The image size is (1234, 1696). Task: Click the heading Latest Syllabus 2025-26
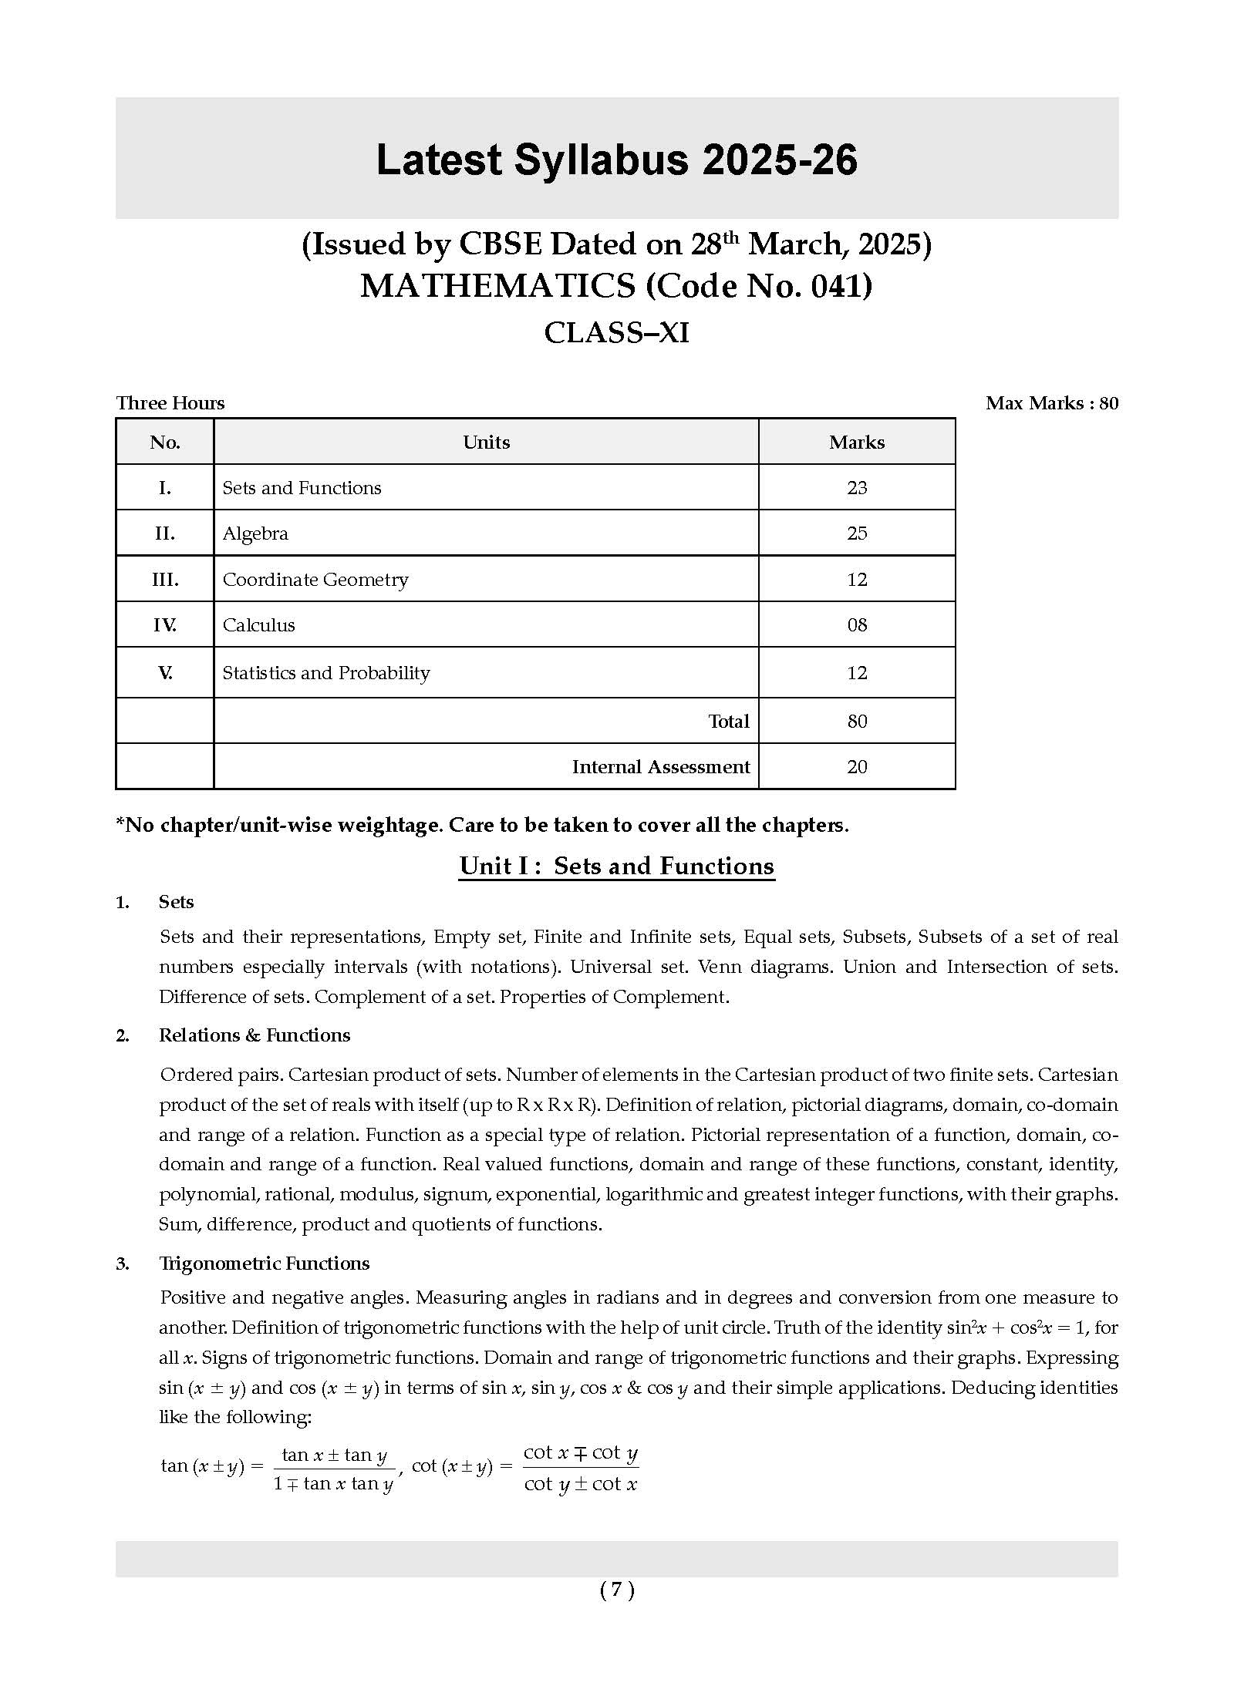click(x=616, y=160)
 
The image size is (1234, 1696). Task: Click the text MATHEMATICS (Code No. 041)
click(x=616, y=286)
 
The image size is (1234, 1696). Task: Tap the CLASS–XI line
click(x=616, y=333)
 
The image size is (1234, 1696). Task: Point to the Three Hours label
click(x=170, y=403)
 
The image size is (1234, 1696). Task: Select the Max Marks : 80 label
click(x=1051, y=403)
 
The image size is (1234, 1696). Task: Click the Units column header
click(x=486, y=443)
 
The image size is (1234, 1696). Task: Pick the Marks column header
click(x=856, y=443)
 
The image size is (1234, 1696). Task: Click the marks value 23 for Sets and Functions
click(x=856, y=488)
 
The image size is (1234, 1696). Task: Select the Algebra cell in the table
click(x=255, y=533)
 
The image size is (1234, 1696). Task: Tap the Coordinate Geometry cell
click(x=315, y=580)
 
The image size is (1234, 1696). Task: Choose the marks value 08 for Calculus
click(x=856, y=625)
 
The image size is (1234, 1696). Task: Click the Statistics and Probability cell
click(x=326, y=673)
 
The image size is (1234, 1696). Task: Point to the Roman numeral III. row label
click(x=165, y=580)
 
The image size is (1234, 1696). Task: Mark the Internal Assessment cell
click(x=660, y=767)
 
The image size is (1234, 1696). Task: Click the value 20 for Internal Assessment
click(x=856, y=767)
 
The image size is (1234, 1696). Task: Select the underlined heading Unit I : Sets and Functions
click(x=616, y=867)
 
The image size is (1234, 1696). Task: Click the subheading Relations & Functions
click(x=255, y=1035)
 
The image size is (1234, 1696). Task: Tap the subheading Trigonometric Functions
click(x=264, y=1264)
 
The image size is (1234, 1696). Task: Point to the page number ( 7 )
click(x=617, y=1590)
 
